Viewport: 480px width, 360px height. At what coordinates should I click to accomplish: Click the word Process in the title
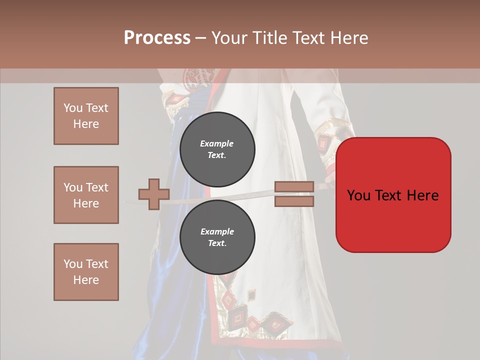157,38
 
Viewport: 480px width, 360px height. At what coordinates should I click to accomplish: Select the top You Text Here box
86,116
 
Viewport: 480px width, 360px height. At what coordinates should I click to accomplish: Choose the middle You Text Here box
86,195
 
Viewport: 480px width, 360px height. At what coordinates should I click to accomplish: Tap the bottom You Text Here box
86,272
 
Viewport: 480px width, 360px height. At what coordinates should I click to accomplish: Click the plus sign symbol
154,194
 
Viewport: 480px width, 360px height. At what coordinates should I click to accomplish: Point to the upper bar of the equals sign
294,186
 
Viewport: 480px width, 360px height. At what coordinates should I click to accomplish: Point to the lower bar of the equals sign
294,201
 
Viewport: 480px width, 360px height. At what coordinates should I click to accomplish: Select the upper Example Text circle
217,149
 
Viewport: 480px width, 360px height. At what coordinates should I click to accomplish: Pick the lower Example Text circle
217,237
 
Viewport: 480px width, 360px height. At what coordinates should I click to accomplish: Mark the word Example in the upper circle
216,143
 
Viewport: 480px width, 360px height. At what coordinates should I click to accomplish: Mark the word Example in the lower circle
216,231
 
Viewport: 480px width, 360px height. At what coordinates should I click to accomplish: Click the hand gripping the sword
330,177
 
